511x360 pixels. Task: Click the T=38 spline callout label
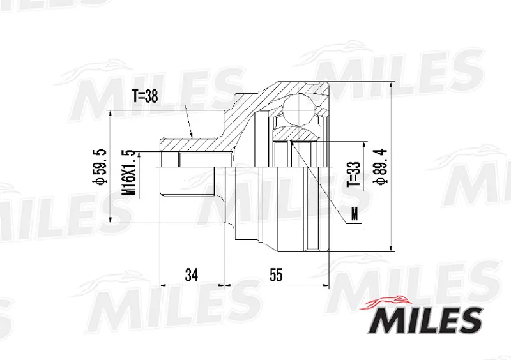145,97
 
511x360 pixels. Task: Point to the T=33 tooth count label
355,174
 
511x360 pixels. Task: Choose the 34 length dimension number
191,274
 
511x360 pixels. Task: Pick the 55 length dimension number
276,274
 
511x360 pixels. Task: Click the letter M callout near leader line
355,214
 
